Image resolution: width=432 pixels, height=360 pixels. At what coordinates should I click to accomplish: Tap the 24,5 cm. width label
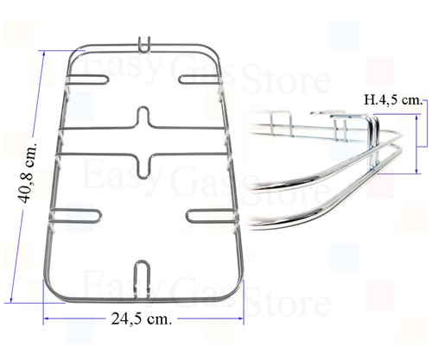(142, 319)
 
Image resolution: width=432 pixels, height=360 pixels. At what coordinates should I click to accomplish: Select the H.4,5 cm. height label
(393, 100)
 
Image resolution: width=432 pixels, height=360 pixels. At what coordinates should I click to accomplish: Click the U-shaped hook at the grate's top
(144, 45)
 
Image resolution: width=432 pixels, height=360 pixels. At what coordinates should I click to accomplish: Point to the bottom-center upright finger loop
(142, 279)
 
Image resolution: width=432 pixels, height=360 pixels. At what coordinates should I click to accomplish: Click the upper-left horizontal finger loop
(87, 79)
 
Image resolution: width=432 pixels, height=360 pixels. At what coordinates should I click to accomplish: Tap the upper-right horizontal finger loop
(200, 79)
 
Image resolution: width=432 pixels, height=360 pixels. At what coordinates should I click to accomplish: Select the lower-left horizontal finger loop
(76, 216)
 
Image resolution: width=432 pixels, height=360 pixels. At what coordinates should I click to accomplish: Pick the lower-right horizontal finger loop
(212, 216)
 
